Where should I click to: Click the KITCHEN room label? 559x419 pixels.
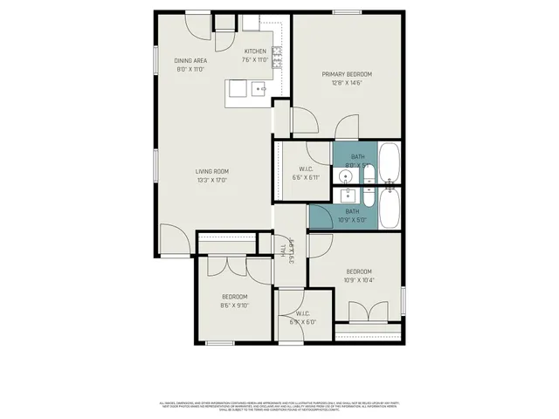point(255,52)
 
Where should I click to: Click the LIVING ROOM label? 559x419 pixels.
point(212,171)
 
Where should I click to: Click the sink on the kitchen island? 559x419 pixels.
point(259,89)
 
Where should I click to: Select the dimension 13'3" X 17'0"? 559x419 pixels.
point(212,181)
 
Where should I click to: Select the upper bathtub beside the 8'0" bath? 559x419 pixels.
point(389,164)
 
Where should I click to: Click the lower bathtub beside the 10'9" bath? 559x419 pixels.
point(389,209)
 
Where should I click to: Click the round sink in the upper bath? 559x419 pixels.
point(348,177)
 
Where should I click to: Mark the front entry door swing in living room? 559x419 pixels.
point(173,238)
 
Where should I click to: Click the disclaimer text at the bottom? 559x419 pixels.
point(279,408)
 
